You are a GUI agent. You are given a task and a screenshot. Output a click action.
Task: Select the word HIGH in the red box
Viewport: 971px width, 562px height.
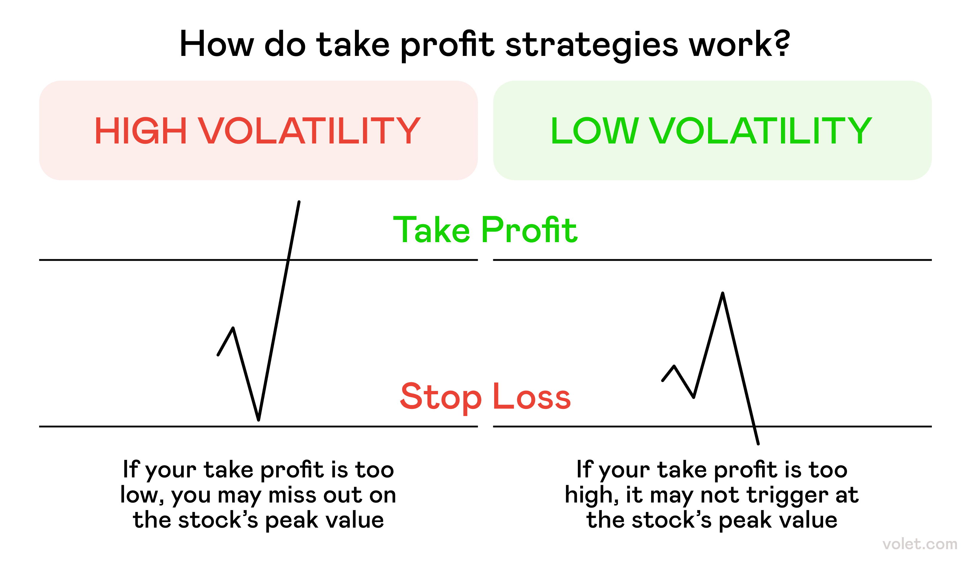click(141, 131)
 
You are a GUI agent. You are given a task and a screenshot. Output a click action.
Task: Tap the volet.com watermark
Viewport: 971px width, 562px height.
click(920, 544)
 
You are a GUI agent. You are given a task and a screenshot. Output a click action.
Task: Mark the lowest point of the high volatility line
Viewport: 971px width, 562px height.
click(258, 419)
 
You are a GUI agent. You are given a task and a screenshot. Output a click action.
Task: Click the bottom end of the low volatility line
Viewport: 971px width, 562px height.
click(758, 444)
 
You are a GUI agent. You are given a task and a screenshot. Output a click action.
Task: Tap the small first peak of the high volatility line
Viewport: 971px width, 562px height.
click(233, 329)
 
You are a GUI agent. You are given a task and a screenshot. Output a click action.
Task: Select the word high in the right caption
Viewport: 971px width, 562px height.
click(590, 495)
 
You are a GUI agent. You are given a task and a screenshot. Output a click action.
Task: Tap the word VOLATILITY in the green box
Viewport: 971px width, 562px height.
click(761, 131)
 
